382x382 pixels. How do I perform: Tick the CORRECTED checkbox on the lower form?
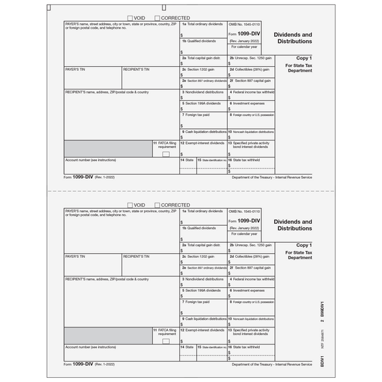click(159, 204)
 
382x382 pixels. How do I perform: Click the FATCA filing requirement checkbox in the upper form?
click(166, 154)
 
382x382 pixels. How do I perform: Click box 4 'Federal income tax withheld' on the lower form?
click(252, 281)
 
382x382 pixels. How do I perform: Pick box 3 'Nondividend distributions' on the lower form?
click(203, 281)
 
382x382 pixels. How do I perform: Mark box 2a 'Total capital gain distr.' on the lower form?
click(203, 249)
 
